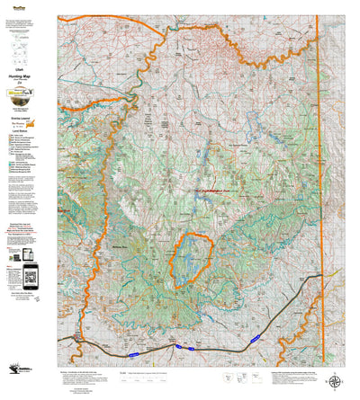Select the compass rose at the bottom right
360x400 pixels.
336,380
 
